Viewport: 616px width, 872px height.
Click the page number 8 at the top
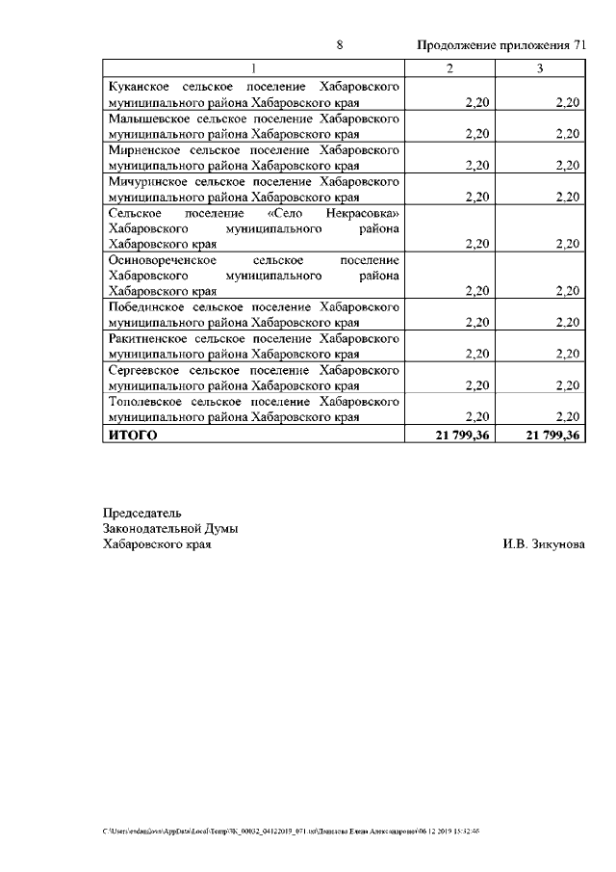339,45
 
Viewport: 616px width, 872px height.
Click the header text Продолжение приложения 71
500,45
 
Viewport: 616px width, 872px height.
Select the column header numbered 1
254,68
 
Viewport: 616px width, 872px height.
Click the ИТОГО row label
131,436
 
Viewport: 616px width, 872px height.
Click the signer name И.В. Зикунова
543,544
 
